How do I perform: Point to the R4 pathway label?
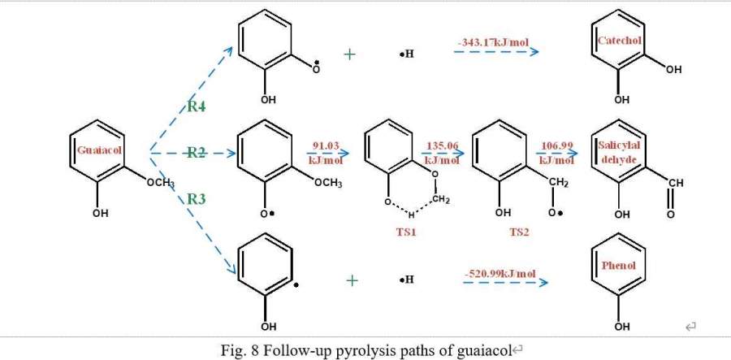[x=196, y=106]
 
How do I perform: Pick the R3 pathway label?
[x=197, y=197]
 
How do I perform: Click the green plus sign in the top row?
[x=351, y=54]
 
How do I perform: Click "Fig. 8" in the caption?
[x=240, y=349]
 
